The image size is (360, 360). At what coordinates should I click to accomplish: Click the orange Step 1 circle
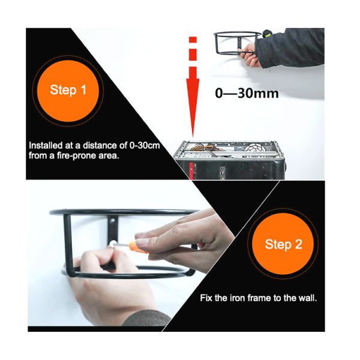point(68,91)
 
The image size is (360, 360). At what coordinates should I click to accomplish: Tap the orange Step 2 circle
point(283,244)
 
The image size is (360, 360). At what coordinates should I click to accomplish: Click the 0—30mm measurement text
point(247,93)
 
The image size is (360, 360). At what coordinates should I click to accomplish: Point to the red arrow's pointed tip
point(193,137)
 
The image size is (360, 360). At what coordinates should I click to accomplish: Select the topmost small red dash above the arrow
point(193,40)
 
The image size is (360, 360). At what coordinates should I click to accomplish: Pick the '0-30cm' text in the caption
point(145,146)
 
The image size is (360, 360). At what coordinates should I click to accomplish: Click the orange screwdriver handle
point(137,247)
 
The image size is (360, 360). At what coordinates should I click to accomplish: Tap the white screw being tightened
point(112,244)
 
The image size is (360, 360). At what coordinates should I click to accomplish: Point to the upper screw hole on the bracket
point(113,221)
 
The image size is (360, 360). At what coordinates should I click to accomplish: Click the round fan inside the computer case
point(256,148)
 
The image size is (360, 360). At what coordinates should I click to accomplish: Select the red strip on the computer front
point(191,171)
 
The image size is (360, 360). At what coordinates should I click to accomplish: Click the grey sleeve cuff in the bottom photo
point(147,319)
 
